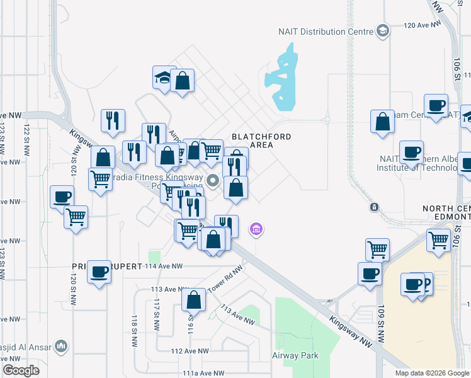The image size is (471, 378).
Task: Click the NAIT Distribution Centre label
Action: coord(326,31)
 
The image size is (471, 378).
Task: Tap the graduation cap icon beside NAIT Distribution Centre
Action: coord(382,31)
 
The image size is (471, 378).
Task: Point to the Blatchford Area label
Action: coord(253,140)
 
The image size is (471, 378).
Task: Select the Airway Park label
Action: coord(295,355)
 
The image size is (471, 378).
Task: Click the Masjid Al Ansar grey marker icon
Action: coord(61,346)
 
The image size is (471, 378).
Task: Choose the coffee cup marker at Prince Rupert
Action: coord(99,272)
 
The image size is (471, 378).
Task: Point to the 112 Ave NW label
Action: coord(190,351)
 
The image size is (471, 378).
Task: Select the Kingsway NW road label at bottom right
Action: coord(351,330)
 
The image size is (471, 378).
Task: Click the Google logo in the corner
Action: coord(20,370)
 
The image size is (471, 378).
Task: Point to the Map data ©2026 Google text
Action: coord(433,373)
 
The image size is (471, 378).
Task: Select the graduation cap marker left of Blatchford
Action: coord(164,78)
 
